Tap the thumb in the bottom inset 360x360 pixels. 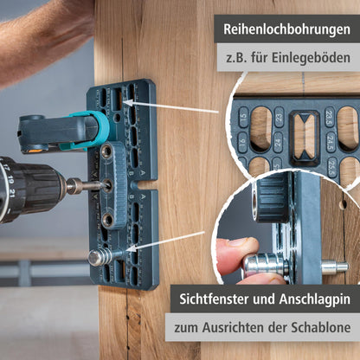[x=236, y=251]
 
